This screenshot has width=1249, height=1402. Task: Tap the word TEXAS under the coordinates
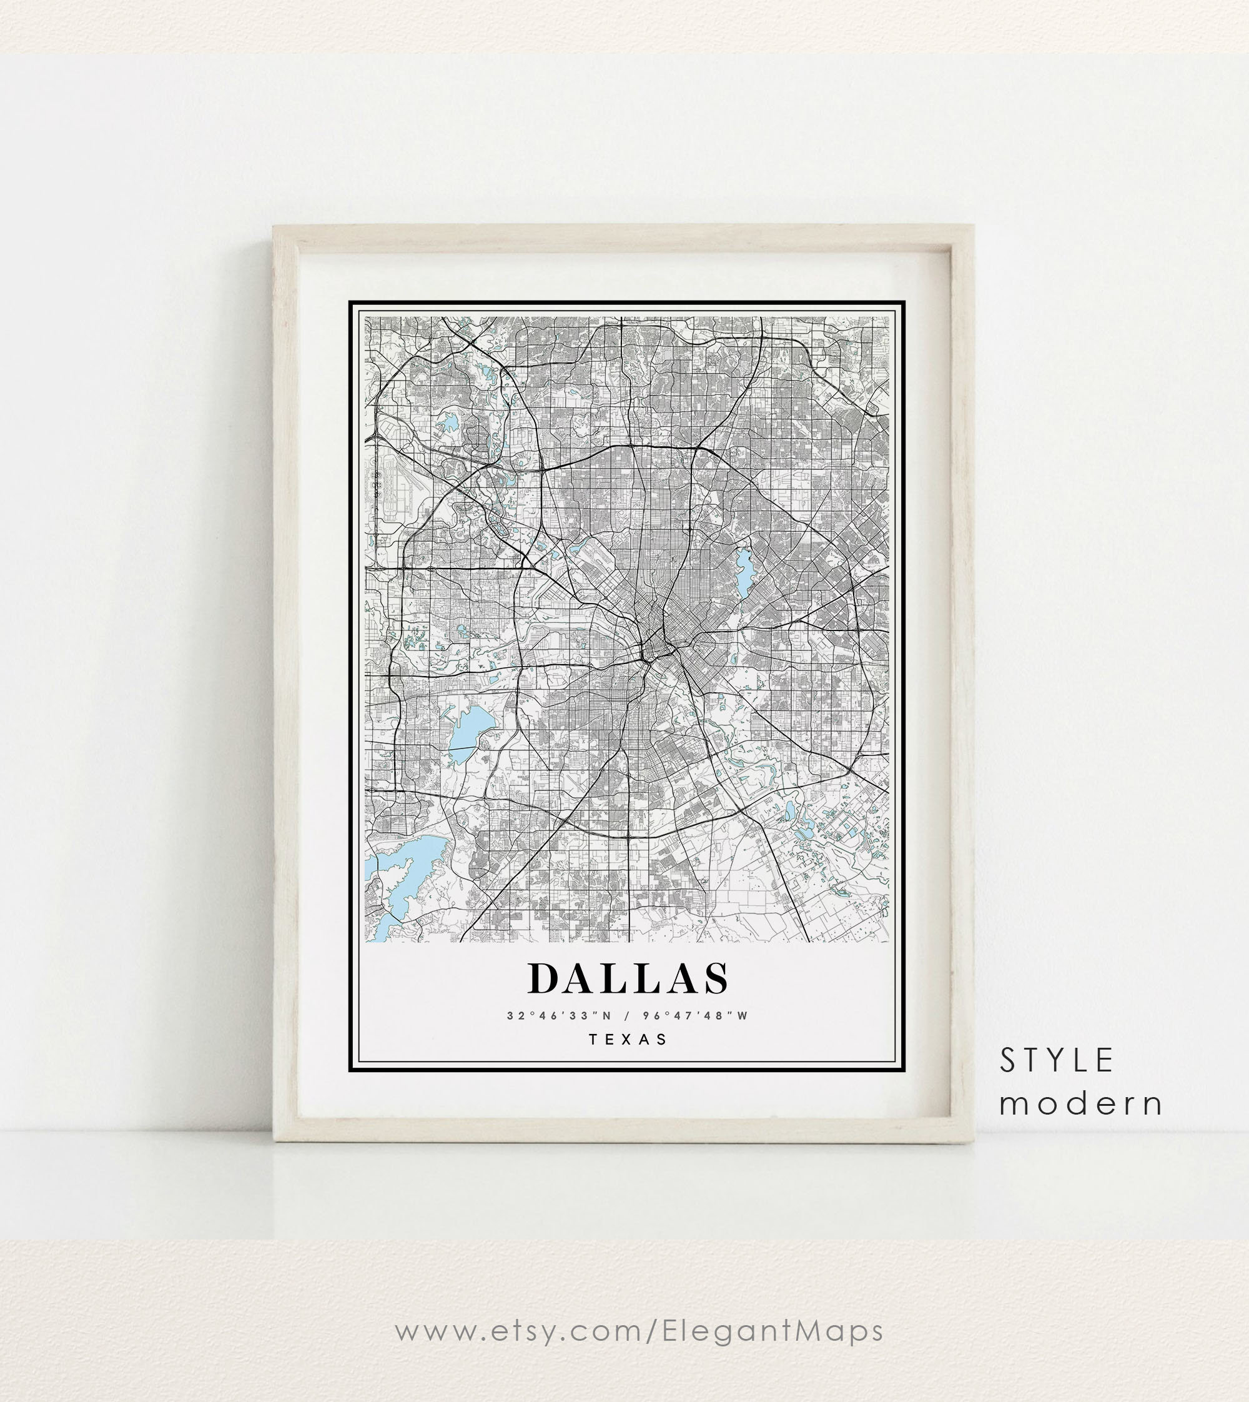pos(628,1040)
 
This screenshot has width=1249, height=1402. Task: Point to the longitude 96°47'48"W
pos(695,1015)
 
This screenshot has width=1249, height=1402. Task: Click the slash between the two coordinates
pos(626,1015)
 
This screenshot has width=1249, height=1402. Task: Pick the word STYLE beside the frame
pos(1056,1061)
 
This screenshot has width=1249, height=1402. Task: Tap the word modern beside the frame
pos(1081,1104)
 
